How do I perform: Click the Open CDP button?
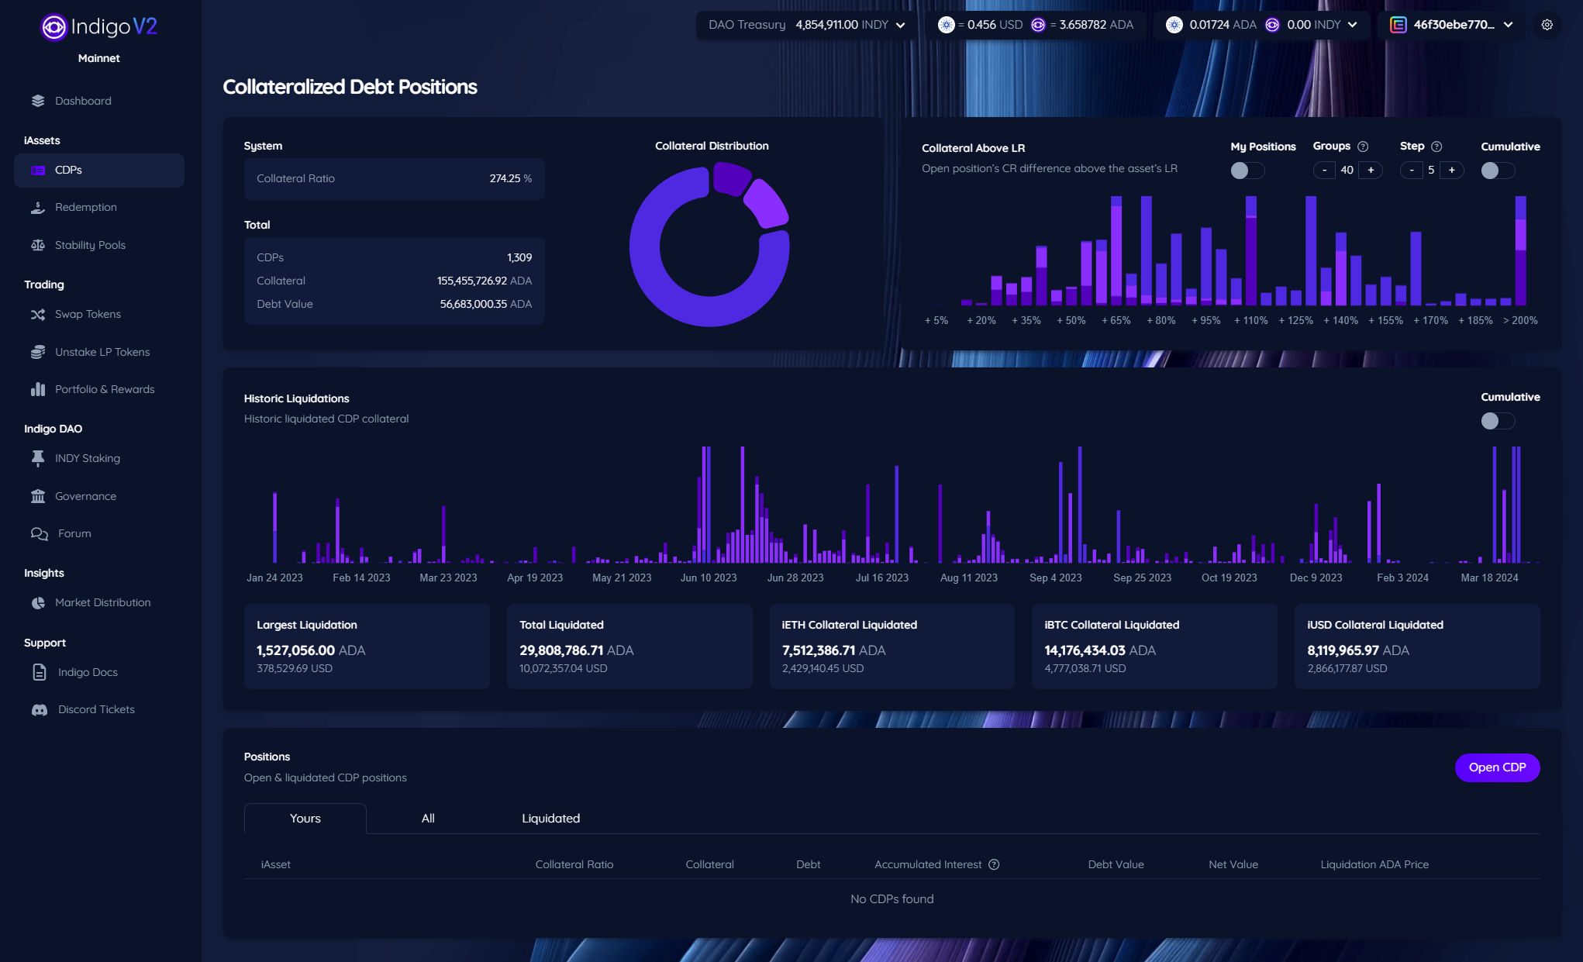pos(1497,767)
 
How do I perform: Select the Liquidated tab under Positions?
pos(550,819)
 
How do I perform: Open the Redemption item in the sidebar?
pos(85,207)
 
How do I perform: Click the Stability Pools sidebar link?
pos(90,245)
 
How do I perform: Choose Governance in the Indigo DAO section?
pos(85,496)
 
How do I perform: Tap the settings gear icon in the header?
pos(1547,25)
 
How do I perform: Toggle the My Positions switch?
pos(1247,171)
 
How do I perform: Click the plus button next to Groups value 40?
pos(1371,171)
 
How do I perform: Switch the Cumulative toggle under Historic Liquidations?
pos(1498,421)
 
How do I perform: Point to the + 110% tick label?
pos(1250,320)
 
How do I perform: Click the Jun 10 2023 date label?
pos(709,578)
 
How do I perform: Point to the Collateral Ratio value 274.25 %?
pos(511,178)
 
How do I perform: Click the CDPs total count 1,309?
pos(519,257)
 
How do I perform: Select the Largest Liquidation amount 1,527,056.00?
pos(295,650)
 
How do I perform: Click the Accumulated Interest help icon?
pos(994,864)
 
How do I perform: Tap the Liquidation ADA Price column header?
pos(1374,864)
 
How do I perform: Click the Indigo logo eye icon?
pos(53,27)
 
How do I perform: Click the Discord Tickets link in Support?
pos(96,709)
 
